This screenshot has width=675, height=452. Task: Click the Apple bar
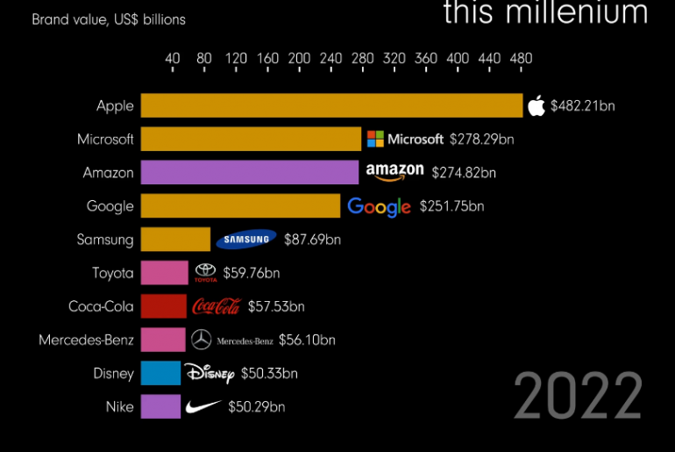coord(331,106)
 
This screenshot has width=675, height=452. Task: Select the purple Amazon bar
coord(250,173)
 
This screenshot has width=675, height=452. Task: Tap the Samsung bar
coord(175,240)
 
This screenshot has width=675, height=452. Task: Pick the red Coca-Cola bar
coord(163,306)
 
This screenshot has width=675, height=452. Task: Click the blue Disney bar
coord(160,373)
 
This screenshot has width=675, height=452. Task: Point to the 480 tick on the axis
coord(521,59)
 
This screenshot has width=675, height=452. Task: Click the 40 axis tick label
coord(173,59)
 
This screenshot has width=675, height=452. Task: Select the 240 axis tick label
coord(330,59)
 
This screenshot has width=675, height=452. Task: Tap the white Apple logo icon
coord(536,106)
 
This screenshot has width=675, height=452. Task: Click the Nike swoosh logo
coord(204,407)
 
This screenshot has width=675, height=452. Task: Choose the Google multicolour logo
coord(379,207)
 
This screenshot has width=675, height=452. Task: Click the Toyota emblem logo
coord(204,273)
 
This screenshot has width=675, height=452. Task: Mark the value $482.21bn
coord(583,106)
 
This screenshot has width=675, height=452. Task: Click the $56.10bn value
coord(307,340)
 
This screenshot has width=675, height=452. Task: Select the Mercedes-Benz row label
coord(86,340)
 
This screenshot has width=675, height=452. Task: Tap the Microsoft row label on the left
coord(105,140)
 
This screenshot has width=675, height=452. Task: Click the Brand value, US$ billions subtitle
coord(109,18)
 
